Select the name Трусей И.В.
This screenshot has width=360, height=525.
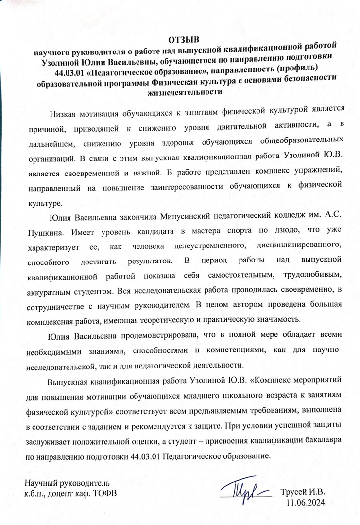(303, 491)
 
